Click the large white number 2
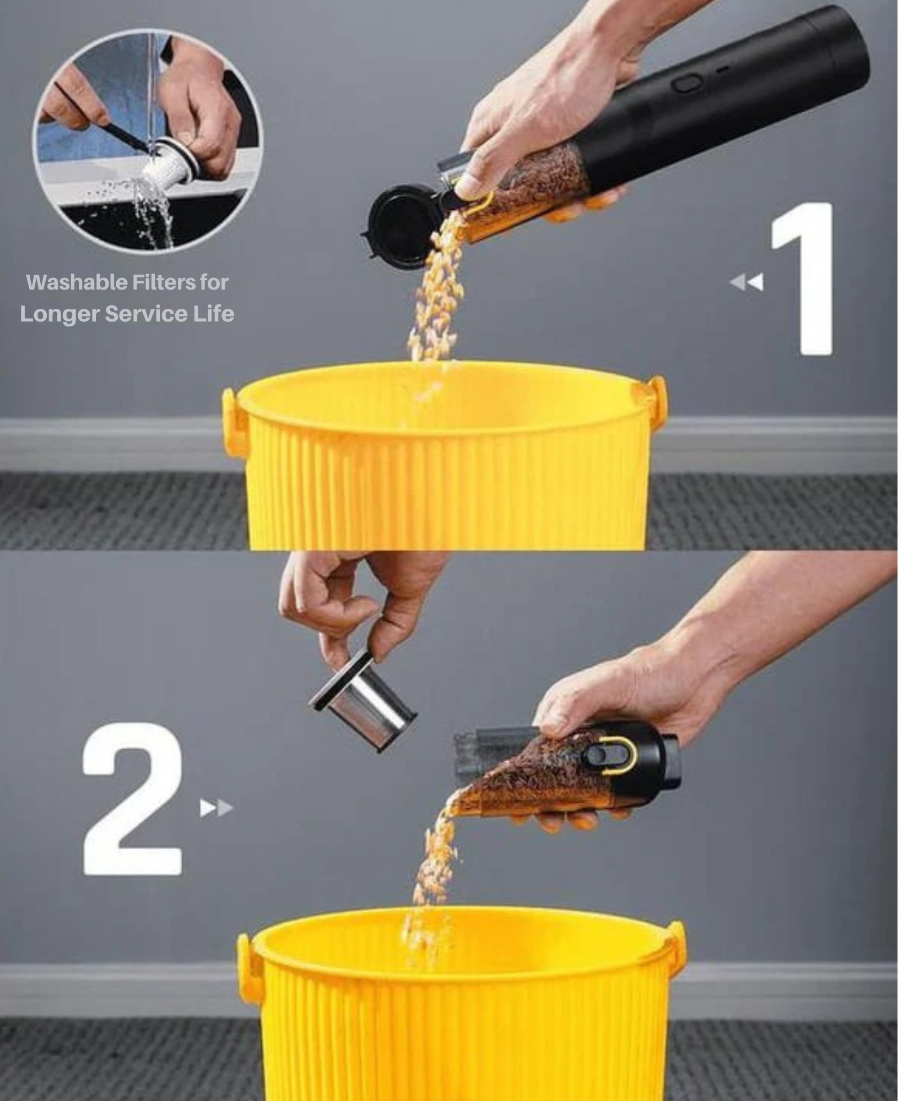point(132,798)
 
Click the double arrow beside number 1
point(747,282)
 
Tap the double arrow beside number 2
point(217,808)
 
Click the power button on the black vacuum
point(686,84)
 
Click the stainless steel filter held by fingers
point(363,702)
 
